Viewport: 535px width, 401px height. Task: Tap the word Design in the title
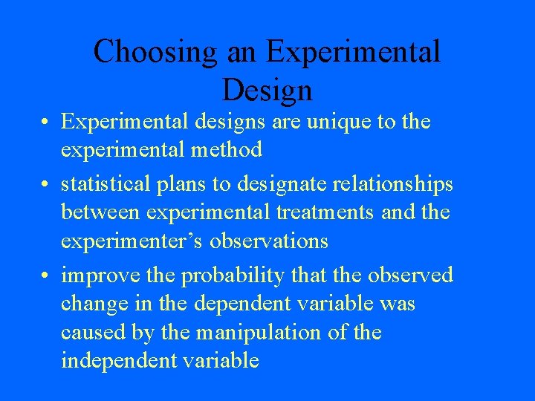(x=267, y=91)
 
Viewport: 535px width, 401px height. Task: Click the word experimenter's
(x=139, y=241)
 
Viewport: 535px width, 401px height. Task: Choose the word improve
(x=102, y=275)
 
